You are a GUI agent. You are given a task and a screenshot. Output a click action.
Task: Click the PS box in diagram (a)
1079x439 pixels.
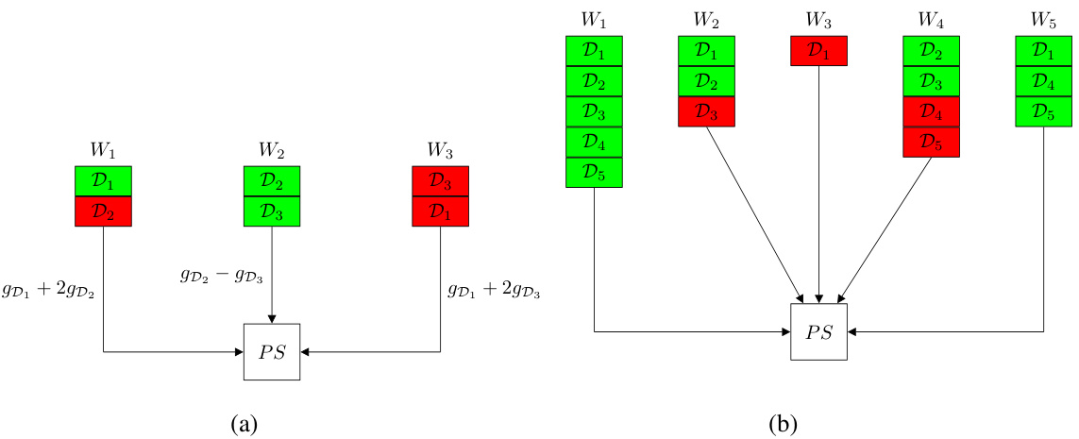pos(272,352)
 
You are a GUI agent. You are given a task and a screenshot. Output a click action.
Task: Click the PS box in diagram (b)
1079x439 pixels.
pos(818,331)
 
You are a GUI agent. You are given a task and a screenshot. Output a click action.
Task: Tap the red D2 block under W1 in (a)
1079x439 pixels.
pos(103,211)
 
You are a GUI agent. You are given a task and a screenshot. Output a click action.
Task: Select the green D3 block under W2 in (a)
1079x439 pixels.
pos(272,211)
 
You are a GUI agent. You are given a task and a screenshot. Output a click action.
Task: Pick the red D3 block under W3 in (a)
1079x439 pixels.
pos(441,181)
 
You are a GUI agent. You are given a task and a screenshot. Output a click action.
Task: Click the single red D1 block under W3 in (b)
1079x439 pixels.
pos(818,51)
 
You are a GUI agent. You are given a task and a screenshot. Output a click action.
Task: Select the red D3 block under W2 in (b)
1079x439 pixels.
pos(706,111)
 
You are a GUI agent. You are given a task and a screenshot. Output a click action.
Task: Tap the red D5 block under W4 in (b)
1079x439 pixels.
pos(932,142)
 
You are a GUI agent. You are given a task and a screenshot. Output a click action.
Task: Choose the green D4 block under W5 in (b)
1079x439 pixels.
pos(1044,81)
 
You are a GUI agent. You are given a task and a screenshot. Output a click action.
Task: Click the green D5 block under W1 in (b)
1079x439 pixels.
pos(594,172)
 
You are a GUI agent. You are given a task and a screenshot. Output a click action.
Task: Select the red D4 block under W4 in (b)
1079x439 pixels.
pos(932,111)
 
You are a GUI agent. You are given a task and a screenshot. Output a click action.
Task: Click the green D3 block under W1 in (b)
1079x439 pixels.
pos(594,111)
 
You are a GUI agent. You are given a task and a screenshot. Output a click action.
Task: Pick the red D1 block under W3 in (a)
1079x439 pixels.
pos(441,211)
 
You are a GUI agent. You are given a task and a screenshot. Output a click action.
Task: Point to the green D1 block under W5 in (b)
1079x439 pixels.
pos(1044,51)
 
